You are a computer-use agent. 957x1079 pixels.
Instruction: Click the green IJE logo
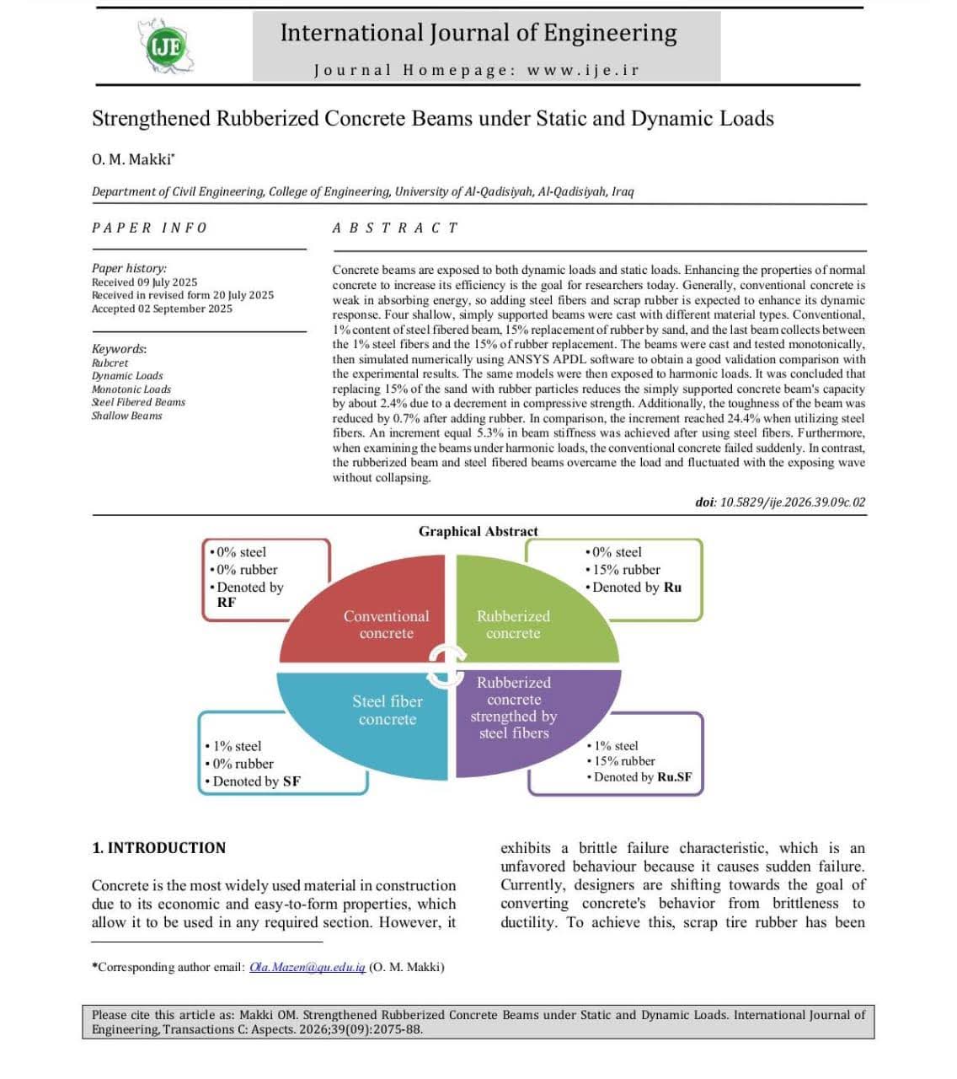coord(166,46)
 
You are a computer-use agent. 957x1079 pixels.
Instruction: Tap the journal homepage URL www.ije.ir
coord(583,70)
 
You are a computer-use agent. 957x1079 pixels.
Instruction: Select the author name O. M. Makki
coord(132,158)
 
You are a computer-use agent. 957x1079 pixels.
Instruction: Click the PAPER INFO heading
coord(149,228)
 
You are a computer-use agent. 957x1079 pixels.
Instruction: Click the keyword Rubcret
coord(110,362)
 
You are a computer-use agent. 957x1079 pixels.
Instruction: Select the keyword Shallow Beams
coord(126,416)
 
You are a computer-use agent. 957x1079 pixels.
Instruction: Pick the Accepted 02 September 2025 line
coord(162,309)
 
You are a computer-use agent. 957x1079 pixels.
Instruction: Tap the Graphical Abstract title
coord(478,531)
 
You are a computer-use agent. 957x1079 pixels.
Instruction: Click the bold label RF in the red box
coord(227,602)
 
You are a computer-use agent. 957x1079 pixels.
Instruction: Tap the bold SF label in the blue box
coord(291,781)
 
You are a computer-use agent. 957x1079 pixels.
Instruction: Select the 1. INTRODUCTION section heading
coord(159,848)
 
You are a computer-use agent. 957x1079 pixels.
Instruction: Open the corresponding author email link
coord(307,967)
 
